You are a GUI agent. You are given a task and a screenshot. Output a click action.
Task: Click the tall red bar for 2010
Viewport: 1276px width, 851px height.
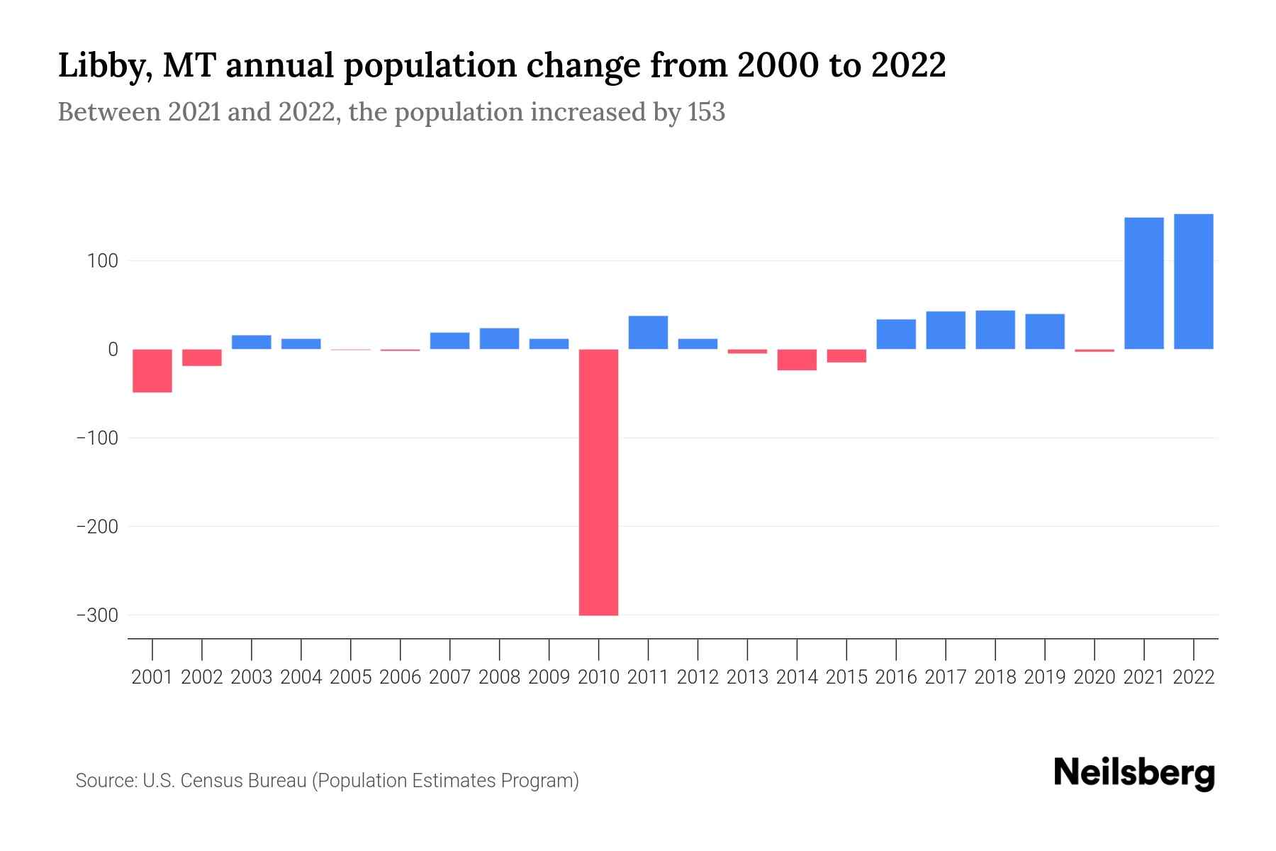tap(598, 482)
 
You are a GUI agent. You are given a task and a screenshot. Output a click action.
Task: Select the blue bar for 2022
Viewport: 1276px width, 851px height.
tap(1193, 282)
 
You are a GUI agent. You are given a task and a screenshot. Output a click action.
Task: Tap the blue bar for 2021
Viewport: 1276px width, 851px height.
tap(1143, 283)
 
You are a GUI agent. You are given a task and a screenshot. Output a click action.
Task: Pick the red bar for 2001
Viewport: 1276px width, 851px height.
tap(152, 370)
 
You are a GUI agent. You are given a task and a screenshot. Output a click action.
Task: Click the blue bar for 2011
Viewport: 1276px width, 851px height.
tap(648, 333)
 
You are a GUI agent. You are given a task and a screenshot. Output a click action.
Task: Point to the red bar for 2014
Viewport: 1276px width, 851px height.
tap(797, 360)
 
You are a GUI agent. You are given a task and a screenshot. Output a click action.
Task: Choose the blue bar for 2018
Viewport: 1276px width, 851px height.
tap(995, 330)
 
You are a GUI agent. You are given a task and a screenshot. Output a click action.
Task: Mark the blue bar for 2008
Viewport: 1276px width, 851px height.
tap(499, 338)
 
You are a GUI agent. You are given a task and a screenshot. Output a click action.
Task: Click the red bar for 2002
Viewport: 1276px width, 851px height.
tap(202, 357)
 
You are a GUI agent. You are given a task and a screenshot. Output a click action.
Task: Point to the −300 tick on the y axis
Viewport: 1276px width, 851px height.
tap(97, 616)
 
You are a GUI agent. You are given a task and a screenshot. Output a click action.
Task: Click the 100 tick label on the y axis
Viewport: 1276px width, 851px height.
tap(102, 261)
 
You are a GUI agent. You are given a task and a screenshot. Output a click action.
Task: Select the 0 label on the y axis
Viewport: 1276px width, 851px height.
tap(112, 350)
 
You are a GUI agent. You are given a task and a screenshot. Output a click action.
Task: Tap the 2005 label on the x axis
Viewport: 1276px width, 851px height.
tap(351, 677)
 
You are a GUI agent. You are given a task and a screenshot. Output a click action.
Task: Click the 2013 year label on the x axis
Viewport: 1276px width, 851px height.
tap(747, 677)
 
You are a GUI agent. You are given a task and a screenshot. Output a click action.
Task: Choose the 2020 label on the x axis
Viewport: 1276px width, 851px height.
tap(1094, 677)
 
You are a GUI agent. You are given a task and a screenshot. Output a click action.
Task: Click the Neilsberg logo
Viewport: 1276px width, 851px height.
tap(1134, 773)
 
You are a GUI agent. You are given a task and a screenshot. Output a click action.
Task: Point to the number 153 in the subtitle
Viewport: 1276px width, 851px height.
tap(705, 112)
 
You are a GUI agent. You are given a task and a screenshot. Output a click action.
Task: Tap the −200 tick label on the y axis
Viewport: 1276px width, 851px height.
tap(97, 527)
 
